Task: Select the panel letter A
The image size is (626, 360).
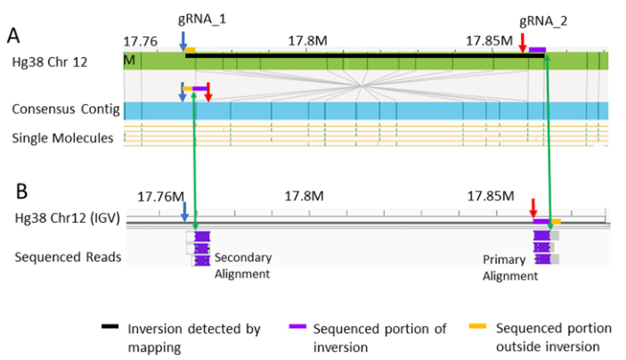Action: [x=14, y=36]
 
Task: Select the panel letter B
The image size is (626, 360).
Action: [x=14, y=189]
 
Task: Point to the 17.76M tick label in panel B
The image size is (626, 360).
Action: [x=161, y=196]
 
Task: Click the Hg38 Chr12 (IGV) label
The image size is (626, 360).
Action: [x=67, y=218]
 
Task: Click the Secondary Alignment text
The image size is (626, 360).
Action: [x=243, y=266]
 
